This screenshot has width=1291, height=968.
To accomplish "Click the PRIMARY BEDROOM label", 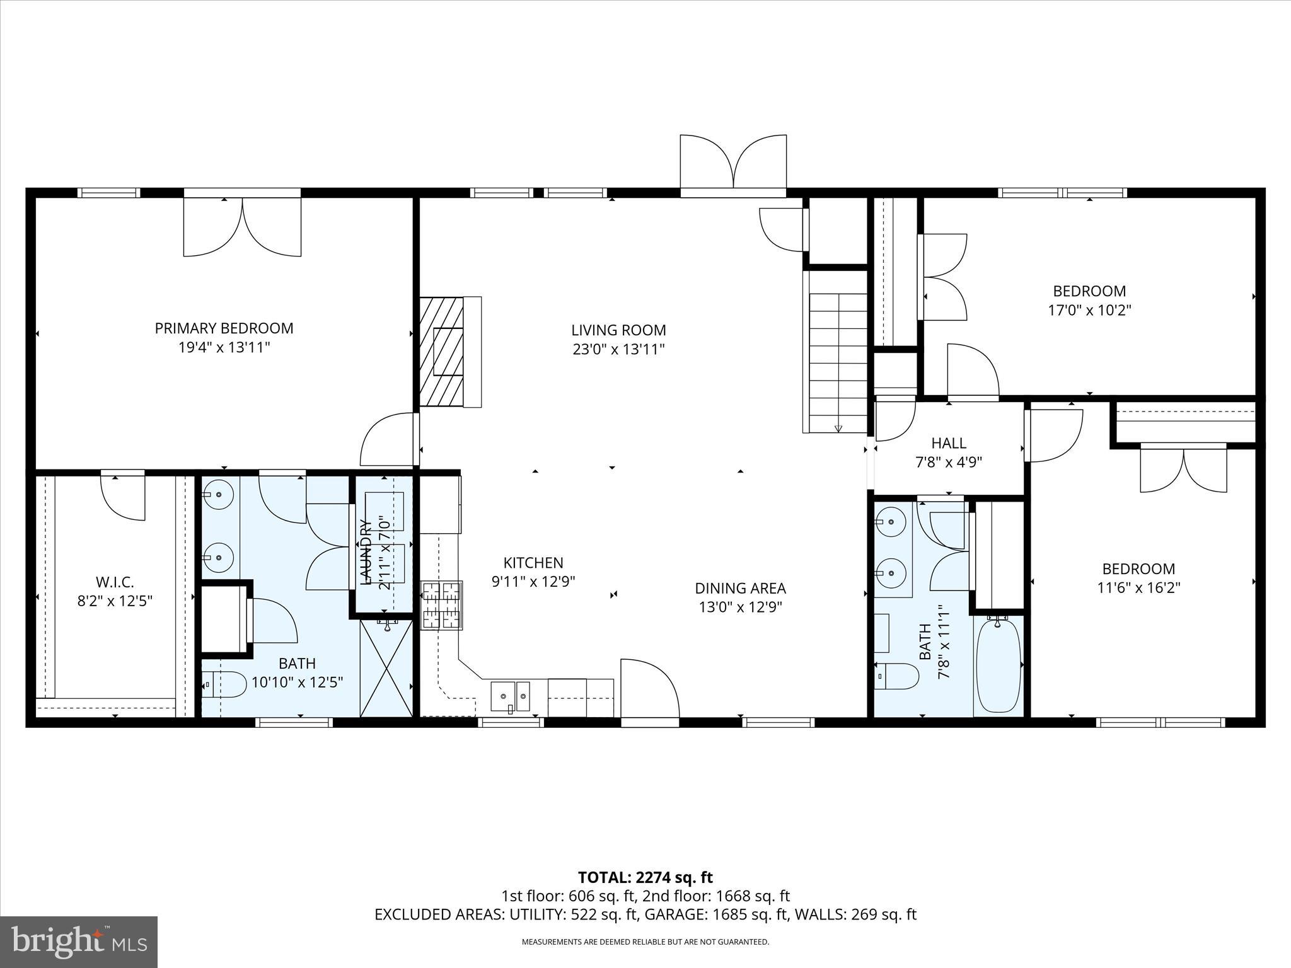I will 224,328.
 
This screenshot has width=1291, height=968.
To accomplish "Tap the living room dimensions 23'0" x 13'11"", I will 618,349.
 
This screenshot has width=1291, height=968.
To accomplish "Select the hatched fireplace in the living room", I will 441,352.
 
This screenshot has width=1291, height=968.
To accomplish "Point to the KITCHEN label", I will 533,563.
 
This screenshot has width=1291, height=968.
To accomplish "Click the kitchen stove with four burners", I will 442,605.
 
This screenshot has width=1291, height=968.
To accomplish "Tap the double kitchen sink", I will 511,696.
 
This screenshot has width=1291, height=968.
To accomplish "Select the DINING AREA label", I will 740,589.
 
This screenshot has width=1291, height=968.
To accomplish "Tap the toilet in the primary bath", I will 225,684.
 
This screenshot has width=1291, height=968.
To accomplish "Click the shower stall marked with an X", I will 386,668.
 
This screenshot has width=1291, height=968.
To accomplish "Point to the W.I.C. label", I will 115,582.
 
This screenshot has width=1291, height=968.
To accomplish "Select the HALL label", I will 949,443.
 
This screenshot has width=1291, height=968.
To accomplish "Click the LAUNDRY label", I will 365,552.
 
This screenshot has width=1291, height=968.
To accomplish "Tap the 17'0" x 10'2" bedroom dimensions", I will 1089,310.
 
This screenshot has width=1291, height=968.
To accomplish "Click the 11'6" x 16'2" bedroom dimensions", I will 1138,588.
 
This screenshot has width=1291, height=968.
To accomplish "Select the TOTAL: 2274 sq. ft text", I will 645,877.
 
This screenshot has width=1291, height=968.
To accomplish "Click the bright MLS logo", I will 79,942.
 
